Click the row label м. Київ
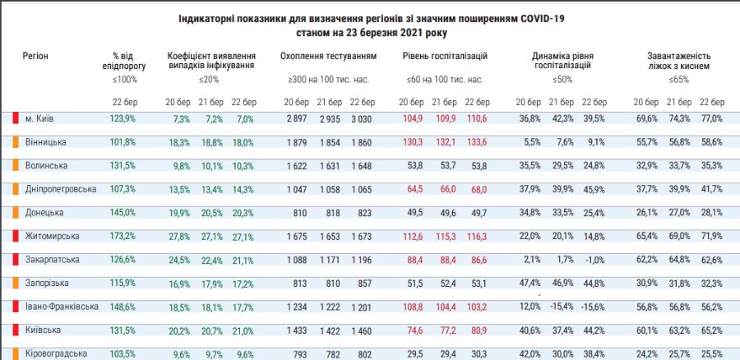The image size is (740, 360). pyautogui.click(x=40, y=118)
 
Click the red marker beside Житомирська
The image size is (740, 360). pyautogui.click(x=16, y=236)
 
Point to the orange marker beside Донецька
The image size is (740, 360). pyautogui.click(x=16, y=212)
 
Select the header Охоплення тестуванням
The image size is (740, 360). pyautogui.click(x=328, y=56)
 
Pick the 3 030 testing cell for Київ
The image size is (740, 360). pyautogui.click(x=361, y=118)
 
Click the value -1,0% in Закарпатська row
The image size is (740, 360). pyautogui.click(x=593, y=260)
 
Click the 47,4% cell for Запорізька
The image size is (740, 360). pyautogui.click(x=528, y=283)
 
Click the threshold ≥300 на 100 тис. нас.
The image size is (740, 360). pyautogui.click(x=328, y=80)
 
